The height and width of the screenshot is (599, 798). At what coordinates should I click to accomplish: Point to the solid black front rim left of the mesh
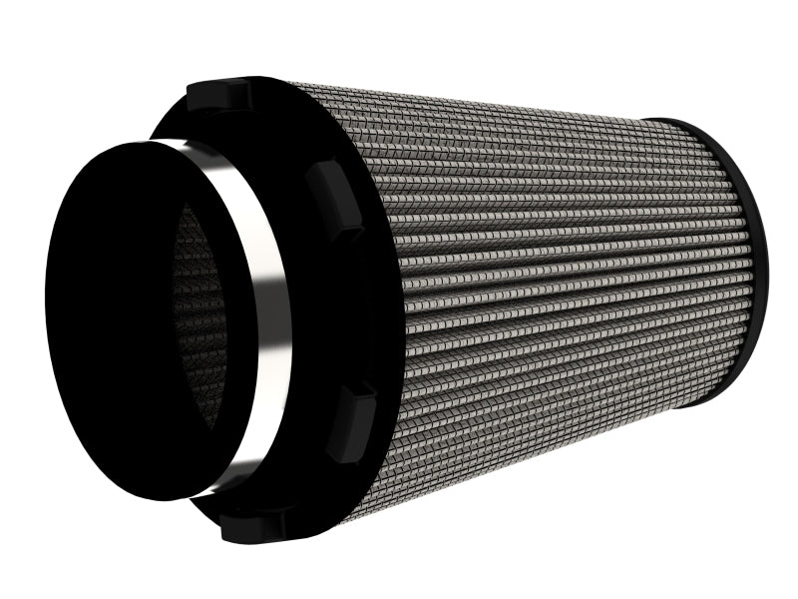[110, 319]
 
